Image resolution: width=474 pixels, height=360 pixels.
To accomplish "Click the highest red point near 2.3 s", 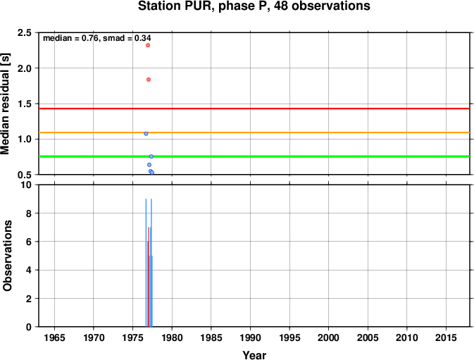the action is (148, 45).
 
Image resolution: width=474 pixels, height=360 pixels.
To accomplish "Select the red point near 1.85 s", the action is (149, 80).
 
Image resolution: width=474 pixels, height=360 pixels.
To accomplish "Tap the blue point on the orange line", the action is (146, 134).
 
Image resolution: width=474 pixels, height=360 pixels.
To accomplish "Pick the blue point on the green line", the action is (151, 156).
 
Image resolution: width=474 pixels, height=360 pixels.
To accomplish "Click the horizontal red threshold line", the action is (254, 108).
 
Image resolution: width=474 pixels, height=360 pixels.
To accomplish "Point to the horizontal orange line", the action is (254, 132).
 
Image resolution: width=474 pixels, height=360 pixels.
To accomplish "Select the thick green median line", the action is (254, 156).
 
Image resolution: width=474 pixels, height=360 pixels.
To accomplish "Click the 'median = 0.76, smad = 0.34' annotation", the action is (97, 38).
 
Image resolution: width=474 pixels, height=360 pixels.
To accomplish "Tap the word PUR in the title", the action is (197, 6).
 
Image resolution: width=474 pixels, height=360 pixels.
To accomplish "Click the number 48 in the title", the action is (282, 6).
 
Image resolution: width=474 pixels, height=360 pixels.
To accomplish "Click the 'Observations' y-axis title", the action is (7, 256).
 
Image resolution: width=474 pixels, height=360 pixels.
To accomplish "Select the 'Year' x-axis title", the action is (254, 355).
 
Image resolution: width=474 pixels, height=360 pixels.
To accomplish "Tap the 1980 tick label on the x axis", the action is (172, 337).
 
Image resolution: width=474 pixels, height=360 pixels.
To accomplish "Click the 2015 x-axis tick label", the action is (446, 337).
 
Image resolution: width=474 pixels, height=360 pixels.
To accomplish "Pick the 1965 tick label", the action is (54, 337).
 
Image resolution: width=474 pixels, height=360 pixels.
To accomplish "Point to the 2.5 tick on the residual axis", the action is (25, 32).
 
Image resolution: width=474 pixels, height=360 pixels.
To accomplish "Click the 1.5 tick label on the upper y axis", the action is (25, 104).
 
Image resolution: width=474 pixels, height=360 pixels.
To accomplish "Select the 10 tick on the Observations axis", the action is (26, 185).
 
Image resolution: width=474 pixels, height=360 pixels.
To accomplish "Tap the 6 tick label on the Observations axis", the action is (29, 242).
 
